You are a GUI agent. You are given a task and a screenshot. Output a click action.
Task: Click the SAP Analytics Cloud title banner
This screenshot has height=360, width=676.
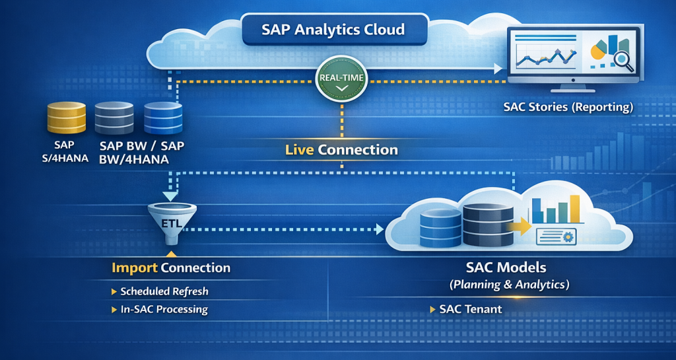pos(333,30)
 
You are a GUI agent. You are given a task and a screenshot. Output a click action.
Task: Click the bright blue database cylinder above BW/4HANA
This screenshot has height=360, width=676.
pos(162,119)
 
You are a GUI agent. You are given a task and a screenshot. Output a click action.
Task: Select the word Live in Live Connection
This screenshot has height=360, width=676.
pos(299,150)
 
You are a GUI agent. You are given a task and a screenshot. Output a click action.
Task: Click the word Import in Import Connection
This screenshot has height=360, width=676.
pos(134,268)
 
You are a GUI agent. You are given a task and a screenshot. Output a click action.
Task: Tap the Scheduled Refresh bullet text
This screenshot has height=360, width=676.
pos(164,291)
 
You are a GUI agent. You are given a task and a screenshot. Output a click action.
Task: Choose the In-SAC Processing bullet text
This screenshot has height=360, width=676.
pos(164,309)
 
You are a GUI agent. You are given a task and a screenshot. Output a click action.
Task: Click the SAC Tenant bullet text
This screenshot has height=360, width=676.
pos(470,309)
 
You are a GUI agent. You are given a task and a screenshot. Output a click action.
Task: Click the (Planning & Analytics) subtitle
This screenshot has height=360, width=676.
pos(508,285)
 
